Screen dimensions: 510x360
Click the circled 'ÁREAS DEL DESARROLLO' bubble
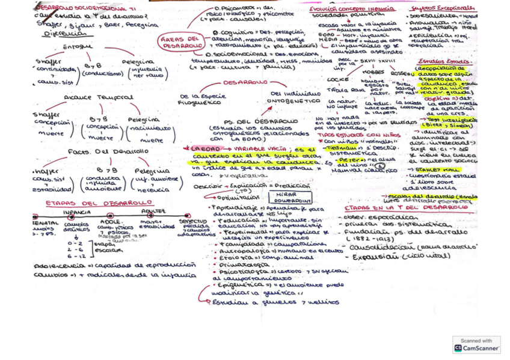point(181,41)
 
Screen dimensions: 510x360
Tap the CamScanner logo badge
point(476,344)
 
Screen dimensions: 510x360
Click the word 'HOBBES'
point(374,71)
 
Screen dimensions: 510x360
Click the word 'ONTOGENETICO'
point(295,101)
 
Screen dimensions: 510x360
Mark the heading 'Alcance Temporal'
point(99,97)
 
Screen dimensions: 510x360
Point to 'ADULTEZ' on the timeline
point(153,212)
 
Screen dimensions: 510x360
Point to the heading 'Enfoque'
point(78,46)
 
